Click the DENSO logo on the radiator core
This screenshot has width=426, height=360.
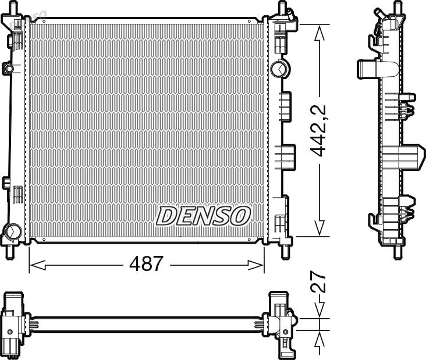tap(203, 216)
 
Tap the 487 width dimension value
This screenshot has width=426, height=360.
tap(146, 263)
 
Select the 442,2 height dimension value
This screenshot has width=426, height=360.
tap(318, 130)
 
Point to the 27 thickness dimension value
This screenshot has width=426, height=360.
tap(318, 281)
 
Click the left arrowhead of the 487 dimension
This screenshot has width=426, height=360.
tap(37, 265)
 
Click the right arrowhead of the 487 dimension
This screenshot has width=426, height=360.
tap(255, 265)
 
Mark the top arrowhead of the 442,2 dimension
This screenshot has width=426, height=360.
tap(319, 33)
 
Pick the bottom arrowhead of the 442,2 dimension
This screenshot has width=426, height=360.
tap(319, 228)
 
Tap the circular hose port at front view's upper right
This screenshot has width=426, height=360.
tap(281, 69)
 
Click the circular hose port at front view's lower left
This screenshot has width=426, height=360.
tap(13, 231)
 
